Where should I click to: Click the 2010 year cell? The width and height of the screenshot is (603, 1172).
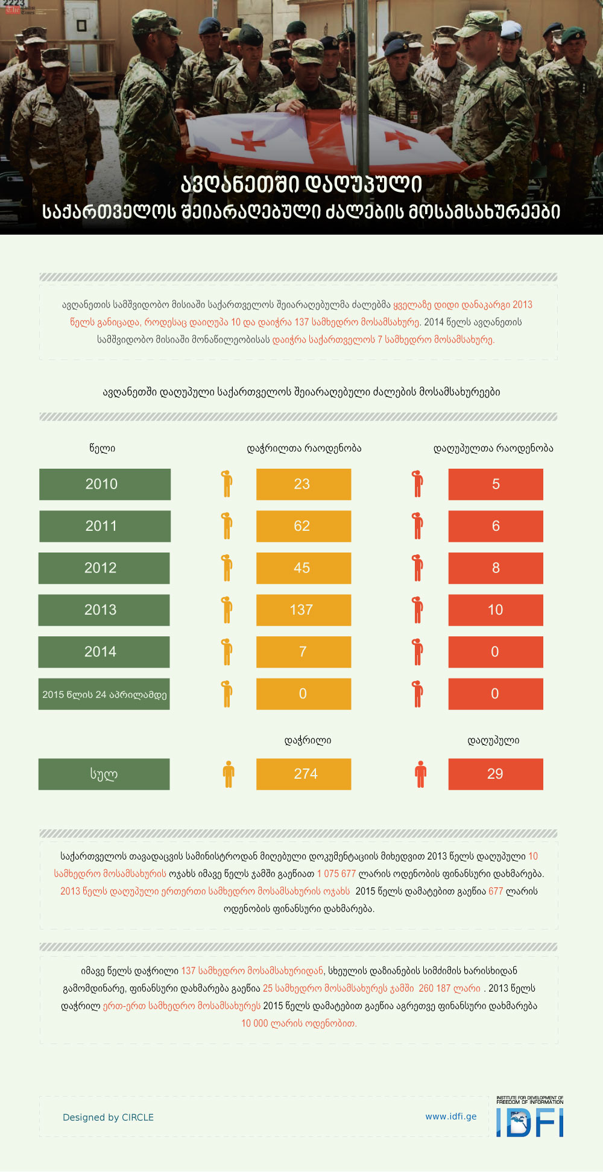[x=105, y=484]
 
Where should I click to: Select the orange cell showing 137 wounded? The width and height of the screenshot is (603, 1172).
[x=303, y=610]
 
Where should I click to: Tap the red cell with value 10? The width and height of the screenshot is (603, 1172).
[x=495, y=610]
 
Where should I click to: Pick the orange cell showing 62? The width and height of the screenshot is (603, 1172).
[x=303, y=526]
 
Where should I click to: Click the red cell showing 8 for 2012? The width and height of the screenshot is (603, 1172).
[x=495, y=568]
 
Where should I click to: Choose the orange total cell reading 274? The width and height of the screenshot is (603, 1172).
[x=303, y=774]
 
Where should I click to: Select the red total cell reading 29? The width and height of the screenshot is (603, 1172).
[x=495, y=774]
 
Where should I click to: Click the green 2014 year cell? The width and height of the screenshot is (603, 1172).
[x=104, y=652]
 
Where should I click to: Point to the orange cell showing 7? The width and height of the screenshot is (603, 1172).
[x=303, y=652]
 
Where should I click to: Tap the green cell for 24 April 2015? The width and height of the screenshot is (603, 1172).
[x=104, y=694]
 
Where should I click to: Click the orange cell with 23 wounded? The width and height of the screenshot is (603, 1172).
[x=303, y=484]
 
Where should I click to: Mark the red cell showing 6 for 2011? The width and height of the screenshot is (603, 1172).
[x=495, y=526]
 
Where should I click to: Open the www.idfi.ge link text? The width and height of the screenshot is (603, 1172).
[x=450, y=1117]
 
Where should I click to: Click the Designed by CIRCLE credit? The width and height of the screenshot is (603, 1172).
[x=108, y=1117]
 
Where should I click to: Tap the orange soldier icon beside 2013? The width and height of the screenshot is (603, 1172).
[x=227, y=610]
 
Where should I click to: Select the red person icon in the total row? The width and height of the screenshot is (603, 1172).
[x=420, y=774]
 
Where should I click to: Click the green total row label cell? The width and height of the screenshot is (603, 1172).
[x=104, y=774]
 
